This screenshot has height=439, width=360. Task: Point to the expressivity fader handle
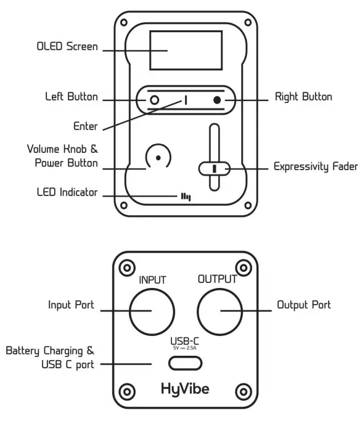pyautogui.click(x=214, y=168)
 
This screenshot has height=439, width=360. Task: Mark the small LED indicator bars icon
pyautogui.click(x=186, y=196)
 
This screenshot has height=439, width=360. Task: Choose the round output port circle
pyautogui.click(x=219, y=309)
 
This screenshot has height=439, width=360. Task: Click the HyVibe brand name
pyautogui.click(x=186, y=390)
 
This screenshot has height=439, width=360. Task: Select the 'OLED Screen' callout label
pyautogui.click(x=68, y=47)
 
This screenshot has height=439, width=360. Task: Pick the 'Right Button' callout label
pyautogui.click(x=303, y=97)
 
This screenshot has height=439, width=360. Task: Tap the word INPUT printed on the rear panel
pyautogui.click(x=152, y=281)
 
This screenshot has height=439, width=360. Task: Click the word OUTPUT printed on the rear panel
pyautogui.click(x=217, y=279)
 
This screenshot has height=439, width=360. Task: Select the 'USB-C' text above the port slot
pyautogui.click(x=186, y=341)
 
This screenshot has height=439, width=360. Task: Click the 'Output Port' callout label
pyautogui.click(x=303, y=305)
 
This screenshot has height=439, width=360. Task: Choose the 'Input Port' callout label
pyautogui.click(x=71, y=305)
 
